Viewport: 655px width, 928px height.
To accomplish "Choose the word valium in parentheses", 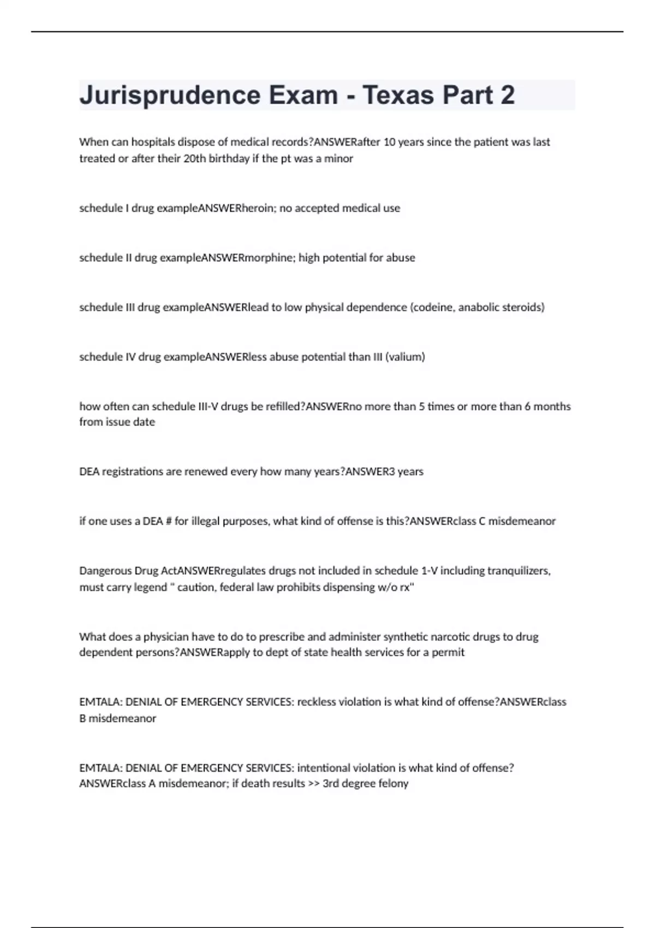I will coord(405,357).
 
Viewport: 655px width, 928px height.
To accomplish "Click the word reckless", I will coord(317,702).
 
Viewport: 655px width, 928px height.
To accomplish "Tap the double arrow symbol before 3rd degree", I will coord(314,784).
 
